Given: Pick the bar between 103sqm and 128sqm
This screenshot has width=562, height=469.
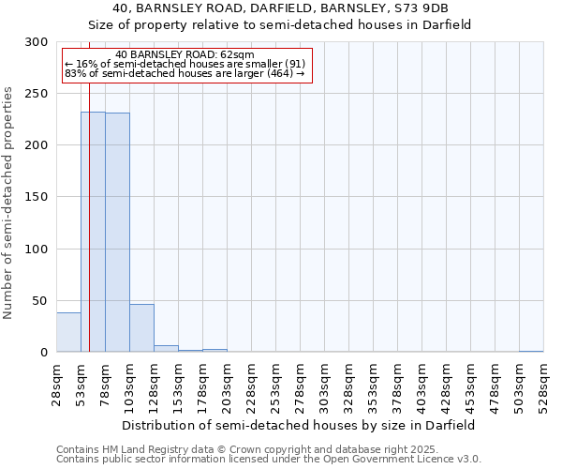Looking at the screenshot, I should tap(141, 328).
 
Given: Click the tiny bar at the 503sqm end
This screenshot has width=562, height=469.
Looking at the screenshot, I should tap(531, 352).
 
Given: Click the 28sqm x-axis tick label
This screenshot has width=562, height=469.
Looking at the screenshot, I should tap(57, 384).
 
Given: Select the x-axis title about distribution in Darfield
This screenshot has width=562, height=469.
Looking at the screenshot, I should tap(298, 425).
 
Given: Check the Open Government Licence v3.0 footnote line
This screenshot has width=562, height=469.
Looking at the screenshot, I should tap(269, 459).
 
